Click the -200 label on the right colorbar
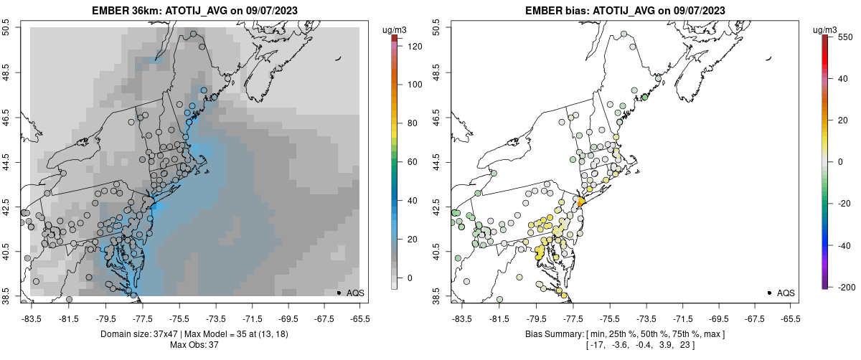844,287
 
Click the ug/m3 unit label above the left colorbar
394,29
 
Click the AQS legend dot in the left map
339,293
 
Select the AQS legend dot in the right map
769,293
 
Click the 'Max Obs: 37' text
194,345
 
